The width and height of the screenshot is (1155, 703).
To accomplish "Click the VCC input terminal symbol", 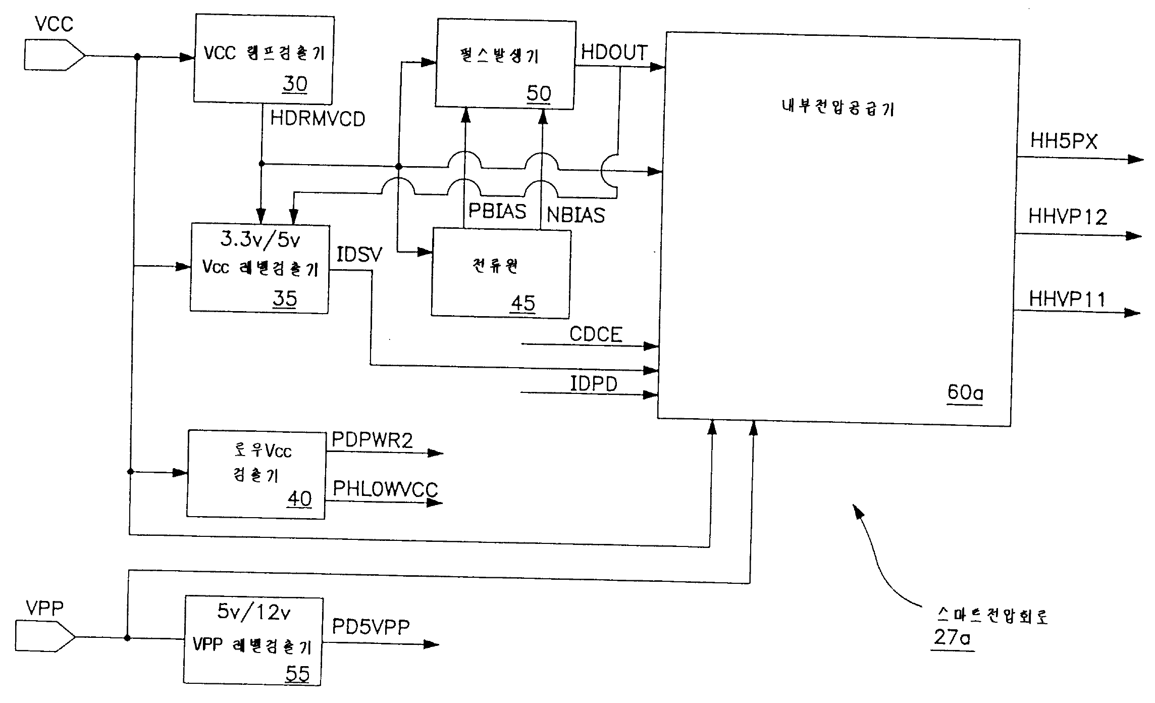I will pyautogui.click(x=53, y=55).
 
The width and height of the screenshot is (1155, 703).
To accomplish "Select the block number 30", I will pyautogui.click(x=295, y=84).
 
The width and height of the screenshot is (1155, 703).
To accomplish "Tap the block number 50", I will pyautogui.click(x=539, y=93).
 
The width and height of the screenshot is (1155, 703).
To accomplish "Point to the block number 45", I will pyautogui.click(x=523, y=304).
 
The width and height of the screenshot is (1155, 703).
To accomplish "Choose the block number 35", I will pyautogui.click(x=285, y=298).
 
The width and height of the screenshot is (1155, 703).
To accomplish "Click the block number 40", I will pyautogui.click(x=300, y=498).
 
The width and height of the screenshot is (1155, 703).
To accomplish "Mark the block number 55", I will pyautogui.click(x=297, y=673).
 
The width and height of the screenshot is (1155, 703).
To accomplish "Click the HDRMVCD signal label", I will pyautogui.click(x=318, y=119).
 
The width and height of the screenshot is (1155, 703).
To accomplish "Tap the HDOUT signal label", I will pyautogui.click(x=614, y=53).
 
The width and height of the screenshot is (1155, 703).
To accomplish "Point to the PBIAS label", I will pyautogui.click(x=497, y=211).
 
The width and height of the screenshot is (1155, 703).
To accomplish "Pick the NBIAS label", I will pyautogui.click(x=575, y=216).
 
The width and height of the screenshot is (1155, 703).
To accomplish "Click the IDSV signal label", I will pyautogui.click(x=359, y=255).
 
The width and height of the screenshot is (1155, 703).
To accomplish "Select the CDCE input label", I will pyautogui.click(x=596, y=334).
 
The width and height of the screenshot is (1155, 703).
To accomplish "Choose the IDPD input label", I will pyautogui.click(x=594, y=384).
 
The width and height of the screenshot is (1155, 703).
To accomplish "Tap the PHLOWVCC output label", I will pyautogui.click(x=385, y=489).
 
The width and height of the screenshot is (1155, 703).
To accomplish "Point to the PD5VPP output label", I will pyautogui.click(x=371, y=627).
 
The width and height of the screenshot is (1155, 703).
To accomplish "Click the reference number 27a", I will pyautogui.click(x=952, y=637).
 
